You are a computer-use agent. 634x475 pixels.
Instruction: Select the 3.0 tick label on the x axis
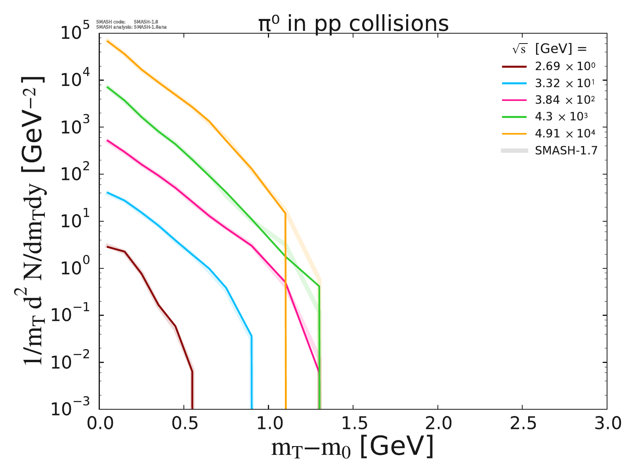(x=606, y=424)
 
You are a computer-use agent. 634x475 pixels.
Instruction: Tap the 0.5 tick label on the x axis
(x=183, y=424)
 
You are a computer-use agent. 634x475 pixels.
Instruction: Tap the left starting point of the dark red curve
(x=107, y=247)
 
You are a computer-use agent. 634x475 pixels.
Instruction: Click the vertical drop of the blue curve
(x=252, y=372)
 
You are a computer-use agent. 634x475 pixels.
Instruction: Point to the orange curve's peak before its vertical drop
(x=285, y=214)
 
